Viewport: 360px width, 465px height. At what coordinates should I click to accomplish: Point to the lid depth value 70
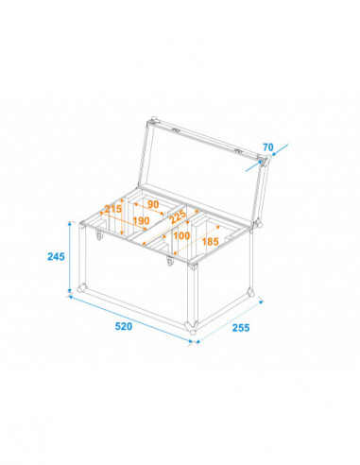click(267, 146)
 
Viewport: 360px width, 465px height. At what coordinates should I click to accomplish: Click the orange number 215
click(112, 210)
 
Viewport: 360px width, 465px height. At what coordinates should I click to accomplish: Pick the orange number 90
click(151, 203)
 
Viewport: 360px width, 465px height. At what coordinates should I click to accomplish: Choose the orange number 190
click(141, 221)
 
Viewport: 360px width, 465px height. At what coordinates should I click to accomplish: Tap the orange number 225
click(174, 215)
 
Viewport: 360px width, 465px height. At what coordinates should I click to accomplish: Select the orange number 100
click(181, 234)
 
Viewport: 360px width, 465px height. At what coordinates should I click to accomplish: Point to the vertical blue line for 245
click(71, 255)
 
